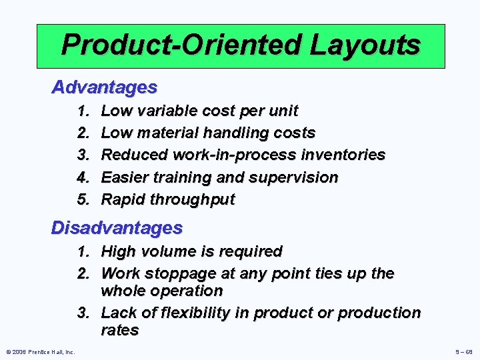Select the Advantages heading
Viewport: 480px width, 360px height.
(x=105, y=87)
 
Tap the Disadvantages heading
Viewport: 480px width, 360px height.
(x=117, y=228)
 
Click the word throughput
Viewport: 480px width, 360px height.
(x=194, y=199)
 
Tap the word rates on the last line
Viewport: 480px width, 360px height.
(x=119, y=330)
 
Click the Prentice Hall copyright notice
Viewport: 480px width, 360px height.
(x=39, y=351)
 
